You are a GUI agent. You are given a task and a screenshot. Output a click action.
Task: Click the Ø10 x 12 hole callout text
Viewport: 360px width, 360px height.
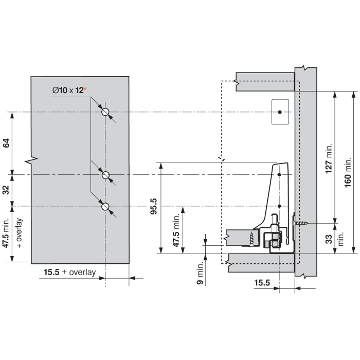point(68,90)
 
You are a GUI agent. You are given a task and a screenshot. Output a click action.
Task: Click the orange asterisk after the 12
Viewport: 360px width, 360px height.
point(85,88)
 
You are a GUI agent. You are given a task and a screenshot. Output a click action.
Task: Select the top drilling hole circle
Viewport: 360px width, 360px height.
point(105,112)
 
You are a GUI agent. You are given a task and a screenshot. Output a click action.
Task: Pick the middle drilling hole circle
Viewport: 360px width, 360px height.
point(105,175)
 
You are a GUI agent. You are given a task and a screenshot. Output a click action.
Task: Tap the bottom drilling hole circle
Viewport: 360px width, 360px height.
point(105,207)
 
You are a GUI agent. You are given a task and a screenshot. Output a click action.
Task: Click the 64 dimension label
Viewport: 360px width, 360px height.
point(6,143)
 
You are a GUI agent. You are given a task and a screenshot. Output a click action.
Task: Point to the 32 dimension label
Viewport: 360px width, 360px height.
point(6,190)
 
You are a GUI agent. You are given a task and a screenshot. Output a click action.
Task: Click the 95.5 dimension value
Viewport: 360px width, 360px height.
point(154,206)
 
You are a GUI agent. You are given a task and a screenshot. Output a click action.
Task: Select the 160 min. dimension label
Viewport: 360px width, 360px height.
point(348,172)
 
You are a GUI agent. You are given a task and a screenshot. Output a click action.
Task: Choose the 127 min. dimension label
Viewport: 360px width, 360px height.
point(329,158)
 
